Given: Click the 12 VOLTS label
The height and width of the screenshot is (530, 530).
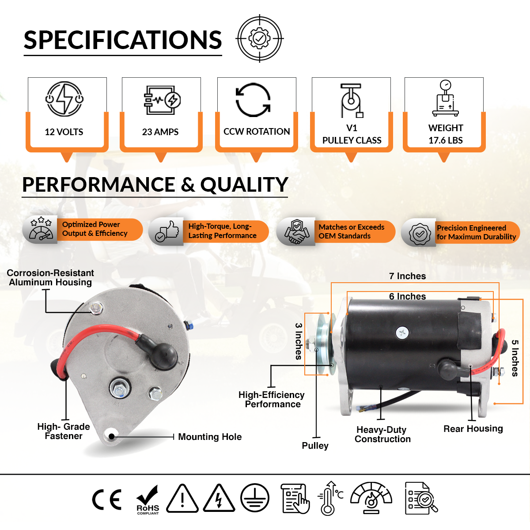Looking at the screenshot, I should pyautogui.click(x=64, y=132).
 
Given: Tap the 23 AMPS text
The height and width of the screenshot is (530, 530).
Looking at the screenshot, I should pyautogui.click(x=160, y=132).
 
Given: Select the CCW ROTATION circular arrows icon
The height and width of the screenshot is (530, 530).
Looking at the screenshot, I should pyautogui.click(x=253, y=100).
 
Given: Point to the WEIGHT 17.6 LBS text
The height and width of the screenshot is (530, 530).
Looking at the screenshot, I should pyautogui.click(x=446, y=134).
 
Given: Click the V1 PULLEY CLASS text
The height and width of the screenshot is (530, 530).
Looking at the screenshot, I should pyautogui.click(x=352, y=134).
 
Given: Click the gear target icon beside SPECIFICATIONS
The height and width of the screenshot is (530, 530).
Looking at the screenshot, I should pyautogui.click(x=260, y=39).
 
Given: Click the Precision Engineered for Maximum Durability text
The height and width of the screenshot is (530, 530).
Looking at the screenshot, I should pyautogui.click(x=476, y=232).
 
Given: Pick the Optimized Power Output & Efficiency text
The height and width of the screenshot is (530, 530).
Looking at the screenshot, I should pyautogui.click(x=95, y=229).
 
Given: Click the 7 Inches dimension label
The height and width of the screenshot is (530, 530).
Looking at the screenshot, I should pyautogui.click(x=407, y=276).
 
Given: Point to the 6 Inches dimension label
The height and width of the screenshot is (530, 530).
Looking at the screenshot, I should pyautogui.click(x=407, y=296).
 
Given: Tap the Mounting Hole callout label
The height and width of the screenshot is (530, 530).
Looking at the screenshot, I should pyautogui.click(x=210, y=437).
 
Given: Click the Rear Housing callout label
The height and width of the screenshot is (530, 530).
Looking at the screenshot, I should pyautogui.click(x=473, y=428).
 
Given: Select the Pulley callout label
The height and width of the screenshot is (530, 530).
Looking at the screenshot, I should pyautogui.click(x=315, y=445).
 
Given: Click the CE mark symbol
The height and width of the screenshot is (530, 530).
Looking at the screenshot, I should pyautogui.click(x=106, y=500).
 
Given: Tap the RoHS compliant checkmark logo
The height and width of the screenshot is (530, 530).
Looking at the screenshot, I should pyautogui.click(x=148, y=500).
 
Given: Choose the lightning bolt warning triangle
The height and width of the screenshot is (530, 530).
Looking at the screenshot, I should pyautogui.click(x=219, y=499).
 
